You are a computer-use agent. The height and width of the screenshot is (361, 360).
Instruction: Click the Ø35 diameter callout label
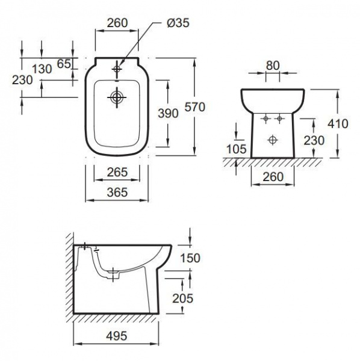[178, 23]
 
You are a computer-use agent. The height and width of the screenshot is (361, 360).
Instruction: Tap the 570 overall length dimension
[195, 107]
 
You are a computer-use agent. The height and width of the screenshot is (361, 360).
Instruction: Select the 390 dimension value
[168, 113]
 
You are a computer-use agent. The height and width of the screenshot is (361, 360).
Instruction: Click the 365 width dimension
[117, 193]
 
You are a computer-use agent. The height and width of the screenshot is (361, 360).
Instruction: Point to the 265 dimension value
[117, 172]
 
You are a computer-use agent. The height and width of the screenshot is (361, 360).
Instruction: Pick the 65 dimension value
[64, 64]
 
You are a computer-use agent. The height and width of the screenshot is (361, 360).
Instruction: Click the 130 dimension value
[42, 69]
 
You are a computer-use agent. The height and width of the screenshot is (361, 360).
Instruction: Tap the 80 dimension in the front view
[273, 66]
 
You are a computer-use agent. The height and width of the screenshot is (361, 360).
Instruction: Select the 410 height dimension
[338, 123]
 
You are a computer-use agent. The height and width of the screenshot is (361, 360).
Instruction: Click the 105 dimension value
[237, 149]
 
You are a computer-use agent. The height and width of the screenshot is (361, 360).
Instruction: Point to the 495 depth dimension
[117, 336]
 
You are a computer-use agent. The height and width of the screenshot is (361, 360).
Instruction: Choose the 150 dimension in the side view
[190, 258]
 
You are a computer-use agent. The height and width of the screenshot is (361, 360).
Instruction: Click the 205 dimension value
[182, 298]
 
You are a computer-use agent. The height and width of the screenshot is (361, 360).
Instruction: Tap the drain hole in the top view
[117, 97]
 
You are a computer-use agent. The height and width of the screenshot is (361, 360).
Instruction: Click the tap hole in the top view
[117, 69]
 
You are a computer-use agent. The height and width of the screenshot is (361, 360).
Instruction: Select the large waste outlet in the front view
[273, 140]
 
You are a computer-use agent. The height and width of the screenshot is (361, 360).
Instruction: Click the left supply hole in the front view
[266, 119]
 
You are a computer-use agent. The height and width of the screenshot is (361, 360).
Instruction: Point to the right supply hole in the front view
[279, 119]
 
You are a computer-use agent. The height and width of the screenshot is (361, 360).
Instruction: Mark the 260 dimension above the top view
[117, 23]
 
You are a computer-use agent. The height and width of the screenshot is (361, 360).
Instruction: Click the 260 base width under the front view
[273, 176]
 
